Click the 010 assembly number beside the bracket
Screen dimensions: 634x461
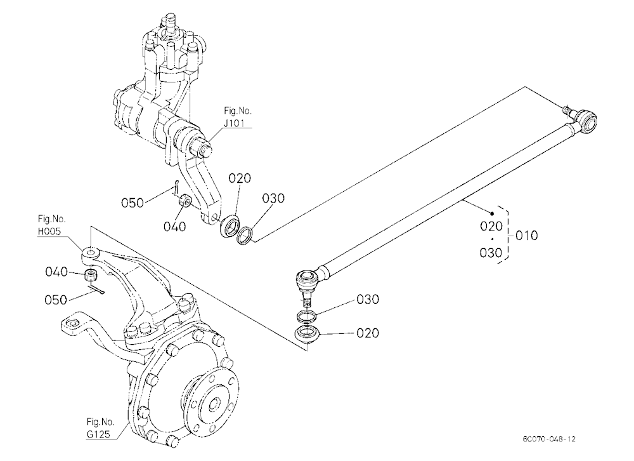pos(527,236)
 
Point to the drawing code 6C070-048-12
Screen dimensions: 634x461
pos(548,439)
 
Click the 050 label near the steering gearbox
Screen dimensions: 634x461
pos(133,203)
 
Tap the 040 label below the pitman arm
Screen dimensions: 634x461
pos(175,227)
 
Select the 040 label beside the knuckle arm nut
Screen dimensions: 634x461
pos(56,272)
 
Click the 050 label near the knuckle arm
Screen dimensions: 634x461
pos(56,300)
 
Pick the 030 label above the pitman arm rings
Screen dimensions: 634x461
pos(273,198)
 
